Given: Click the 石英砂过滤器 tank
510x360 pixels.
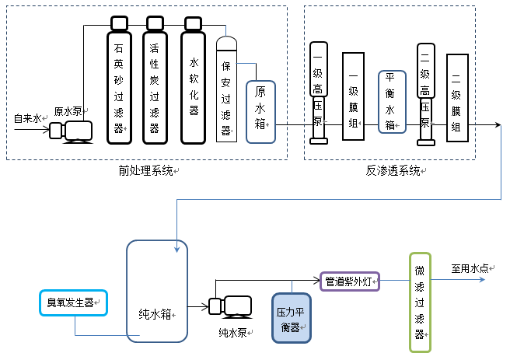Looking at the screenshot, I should [x=119, y=86].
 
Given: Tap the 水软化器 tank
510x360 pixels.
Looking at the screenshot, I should [x=194, y=86].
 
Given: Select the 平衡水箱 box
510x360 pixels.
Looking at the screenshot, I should [x=391, y=101].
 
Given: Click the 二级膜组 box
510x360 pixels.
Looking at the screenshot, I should [x=458, y=97].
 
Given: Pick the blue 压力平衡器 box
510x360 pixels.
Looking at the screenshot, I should [x=291, y=317].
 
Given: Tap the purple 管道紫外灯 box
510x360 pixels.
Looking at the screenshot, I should [x=349, y=281].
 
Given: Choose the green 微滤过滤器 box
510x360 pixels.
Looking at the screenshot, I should [x=420, y=301].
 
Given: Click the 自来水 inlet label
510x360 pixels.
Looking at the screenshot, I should [x=28, y=118].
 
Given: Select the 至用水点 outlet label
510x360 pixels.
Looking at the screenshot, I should [x=472, y=268].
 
